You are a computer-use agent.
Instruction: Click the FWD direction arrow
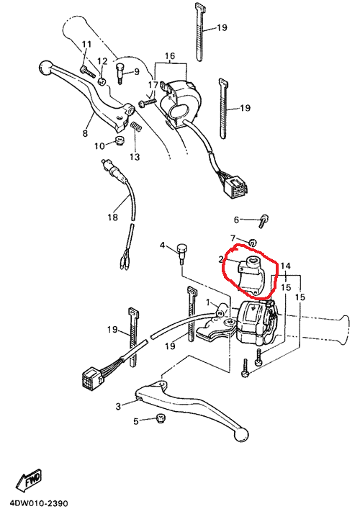click(29, 479)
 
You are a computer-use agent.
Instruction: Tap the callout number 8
click(85, 133)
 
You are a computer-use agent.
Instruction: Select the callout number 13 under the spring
click(135, 157)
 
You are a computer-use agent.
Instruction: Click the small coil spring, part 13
click(136, 127)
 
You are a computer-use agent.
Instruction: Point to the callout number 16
click(170, 56)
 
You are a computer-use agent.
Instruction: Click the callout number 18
click(113, 217)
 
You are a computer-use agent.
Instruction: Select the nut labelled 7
click(253, 242)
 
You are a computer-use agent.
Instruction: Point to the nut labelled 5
click(160, 418)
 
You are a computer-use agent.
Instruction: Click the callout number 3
click(119, 406)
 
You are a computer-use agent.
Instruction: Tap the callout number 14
click(285, 266)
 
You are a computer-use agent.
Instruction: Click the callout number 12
click(102, 61)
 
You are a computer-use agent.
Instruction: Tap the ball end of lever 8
click(46, 68)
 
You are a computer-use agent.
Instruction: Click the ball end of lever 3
click(241, 434)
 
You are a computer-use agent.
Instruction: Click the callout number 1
click(208, 302)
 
